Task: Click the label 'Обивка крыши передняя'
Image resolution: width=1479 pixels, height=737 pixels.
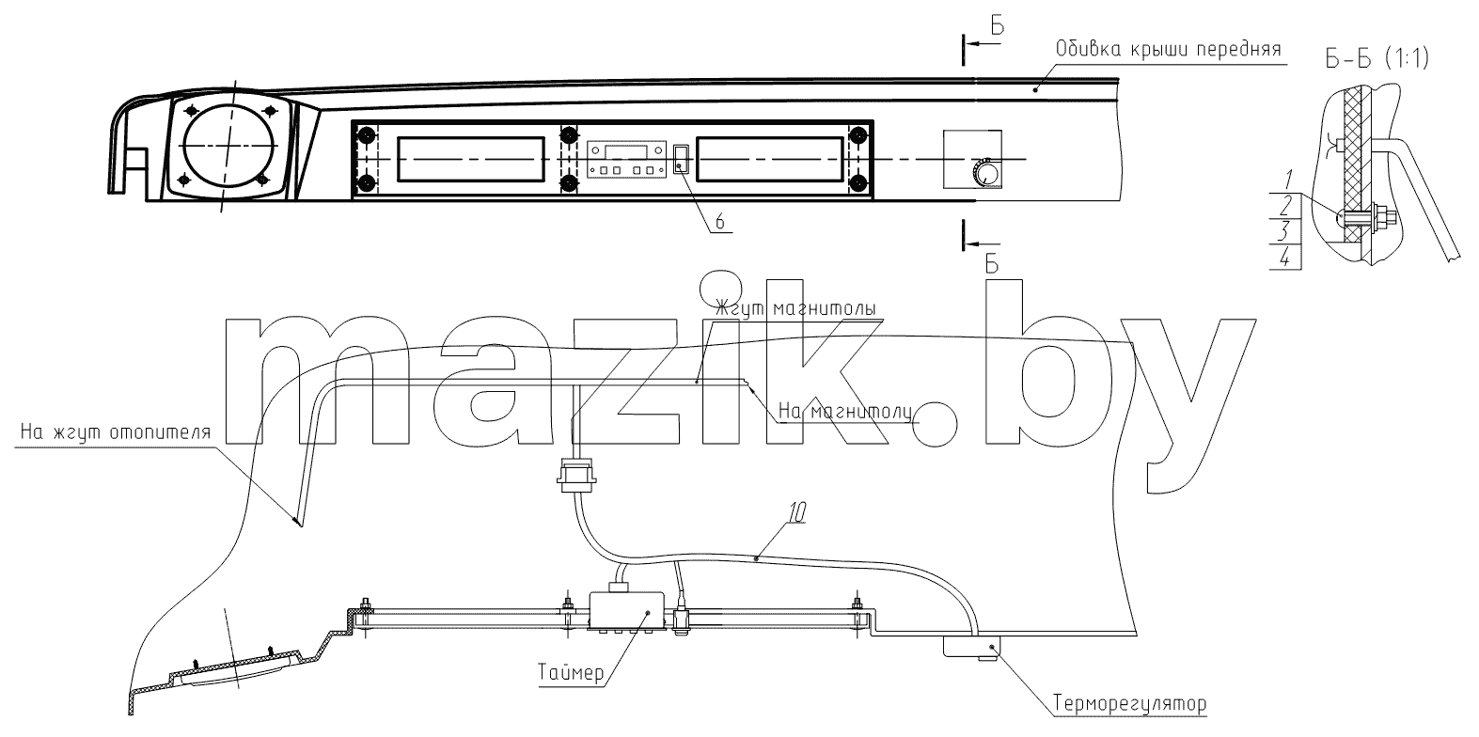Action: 1168,50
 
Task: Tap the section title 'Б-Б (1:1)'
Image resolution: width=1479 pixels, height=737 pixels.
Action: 1377,59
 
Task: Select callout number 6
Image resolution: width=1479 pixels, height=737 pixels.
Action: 719,222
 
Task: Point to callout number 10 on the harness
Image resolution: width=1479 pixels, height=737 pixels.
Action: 797,513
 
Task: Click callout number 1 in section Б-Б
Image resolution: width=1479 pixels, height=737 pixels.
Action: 1289,180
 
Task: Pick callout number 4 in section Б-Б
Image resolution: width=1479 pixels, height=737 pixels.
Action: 1285,259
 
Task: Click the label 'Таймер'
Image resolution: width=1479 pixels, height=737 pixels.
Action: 571,673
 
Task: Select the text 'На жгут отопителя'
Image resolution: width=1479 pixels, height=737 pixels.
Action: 116,432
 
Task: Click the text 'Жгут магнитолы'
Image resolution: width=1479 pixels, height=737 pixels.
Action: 796,309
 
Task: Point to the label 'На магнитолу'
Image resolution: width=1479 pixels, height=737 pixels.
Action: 844,412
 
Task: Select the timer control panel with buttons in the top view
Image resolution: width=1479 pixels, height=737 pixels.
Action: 626,159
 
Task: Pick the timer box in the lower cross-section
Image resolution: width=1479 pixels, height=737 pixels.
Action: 626,611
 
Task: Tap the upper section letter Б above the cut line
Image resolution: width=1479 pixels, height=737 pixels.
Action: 997,25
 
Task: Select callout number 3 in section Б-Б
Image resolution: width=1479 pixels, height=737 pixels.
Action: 1283,232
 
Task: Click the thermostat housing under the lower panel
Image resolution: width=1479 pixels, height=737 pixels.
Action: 971,647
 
